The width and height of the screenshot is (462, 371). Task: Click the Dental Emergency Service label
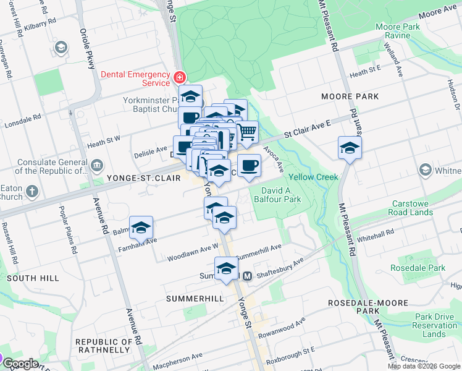(x=135, y=79)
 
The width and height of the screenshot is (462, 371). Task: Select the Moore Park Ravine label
(x=398, y=32)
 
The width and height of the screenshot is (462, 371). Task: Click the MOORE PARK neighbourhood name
(x=350, y=96)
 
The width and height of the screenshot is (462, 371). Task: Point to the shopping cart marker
(x=247, y=131)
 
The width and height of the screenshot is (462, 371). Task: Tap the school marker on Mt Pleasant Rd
(x=350, y=148)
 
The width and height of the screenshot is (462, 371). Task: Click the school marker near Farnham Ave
(x=141, y=228)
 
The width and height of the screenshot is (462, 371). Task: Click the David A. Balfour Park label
(x=280, y=195)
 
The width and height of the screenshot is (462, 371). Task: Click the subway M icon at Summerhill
(x=246, y=276)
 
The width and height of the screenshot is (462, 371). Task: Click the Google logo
(x=20, y=364)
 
